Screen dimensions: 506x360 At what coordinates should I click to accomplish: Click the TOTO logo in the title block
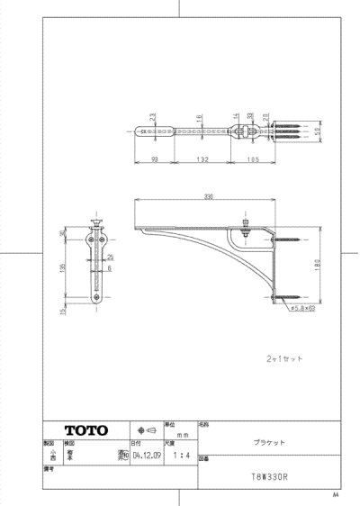(x=85, y=429)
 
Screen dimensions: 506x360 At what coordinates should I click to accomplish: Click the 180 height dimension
(x=318, y=264)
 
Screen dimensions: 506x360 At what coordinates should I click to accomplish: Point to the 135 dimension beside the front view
(x=64, y=269)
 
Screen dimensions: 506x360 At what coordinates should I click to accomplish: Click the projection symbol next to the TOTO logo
(x=144, y=429)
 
